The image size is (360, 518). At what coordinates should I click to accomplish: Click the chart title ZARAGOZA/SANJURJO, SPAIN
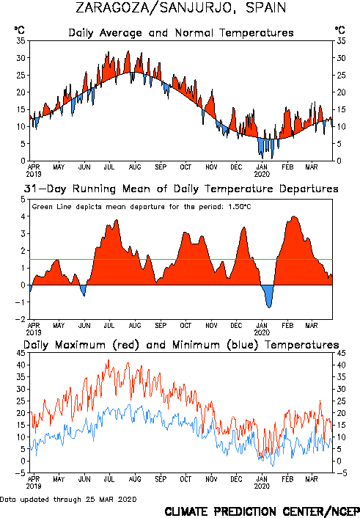tap(180, 7)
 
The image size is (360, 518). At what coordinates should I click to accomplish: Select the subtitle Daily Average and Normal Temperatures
tap(181, 33)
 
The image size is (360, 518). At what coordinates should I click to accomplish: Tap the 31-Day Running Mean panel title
tap(181, 189)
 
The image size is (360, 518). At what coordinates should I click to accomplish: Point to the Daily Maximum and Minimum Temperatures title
tap(181, 345)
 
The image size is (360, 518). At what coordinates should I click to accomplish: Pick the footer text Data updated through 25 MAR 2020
tap(68, 499)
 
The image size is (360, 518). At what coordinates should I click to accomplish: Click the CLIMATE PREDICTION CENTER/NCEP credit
tap(262, 511)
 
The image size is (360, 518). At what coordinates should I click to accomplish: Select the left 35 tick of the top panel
tap(21, 41)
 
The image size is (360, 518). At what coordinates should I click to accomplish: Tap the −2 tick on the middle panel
tap(20, 319)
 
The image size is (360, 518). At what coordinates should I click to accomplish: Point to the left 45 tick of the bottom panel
tap(21, 353)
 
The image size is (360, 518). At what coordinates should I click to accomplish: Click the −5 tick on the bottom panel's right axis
tap(342, 473)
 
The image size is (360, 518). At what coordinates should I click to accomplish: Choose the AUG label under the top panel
tap(135, 167)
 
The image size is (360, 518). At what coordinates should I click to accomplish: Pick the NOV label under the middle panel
tap(211, 326)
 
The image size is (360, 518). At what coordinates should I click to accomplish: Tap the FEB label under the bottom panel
tap(287, 479)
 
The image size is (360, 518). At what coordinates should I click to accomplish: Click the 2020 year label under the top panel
tap(262, 174)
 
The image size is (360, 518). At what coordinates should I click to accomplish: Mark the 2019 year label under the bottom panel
tap(34, 486)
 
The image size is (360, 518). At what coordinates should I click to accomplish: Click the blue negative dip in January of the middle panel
tap(268, 295)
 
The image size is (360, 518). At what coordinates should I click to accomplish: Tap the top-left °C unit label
tap(20, 30)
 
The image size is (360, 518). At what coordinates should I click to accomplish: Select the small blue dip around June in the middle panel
tap(83, 289)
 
